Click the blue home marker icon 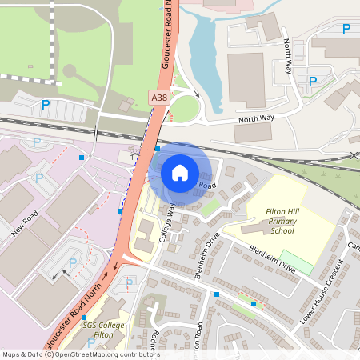pyautogui.click(x=180, y=173)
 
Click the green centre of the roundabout pyautogui.click(x=182, y=110)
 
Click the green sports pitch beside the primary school pyautogui.click(x=297, y=262)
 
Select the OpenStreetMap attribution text pyautogui.click(x=80, y=354)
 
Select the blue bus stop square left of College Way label pyautogui.click(x=120, y=210)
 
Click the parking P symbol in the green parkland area pyautogui.click(x=46, y=104)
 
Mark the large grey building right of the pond pyautogui.click(x=246, y=80)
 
